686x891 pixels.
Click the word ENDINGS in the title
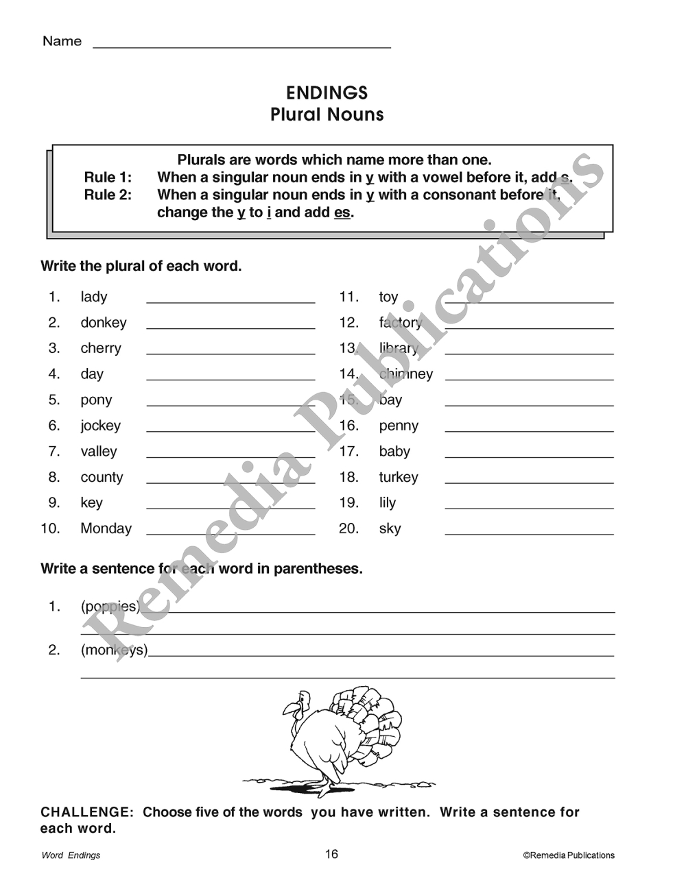pos(327,93)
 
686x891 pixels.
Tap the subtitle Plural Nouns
pos(327,114)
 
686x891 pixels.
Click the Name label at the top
pos(62,41)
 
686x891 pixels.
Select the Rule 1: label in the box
pos(108,178)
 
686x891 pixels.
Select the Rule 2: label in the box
pos(108,195)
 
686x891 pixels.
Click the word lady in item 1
pos(94,297)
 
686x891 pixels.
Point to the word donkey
pos(104,323)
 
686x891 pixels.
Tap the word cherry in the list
pos(101,348)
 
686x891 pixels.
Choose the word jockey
pos(100,426)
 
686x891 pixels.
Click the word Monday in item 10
pos(106,528)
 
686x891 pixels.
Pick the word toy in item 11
pos(388,297)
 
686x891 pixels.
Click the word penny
pos(399,426)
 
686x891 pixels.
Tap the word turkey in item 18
pos(399,477)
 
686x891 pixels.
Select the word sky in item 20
pos(390,528)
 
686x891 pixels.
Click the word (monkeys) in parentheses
pos(114,650)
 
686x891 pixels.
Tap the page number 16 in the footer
pos(331,854)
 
